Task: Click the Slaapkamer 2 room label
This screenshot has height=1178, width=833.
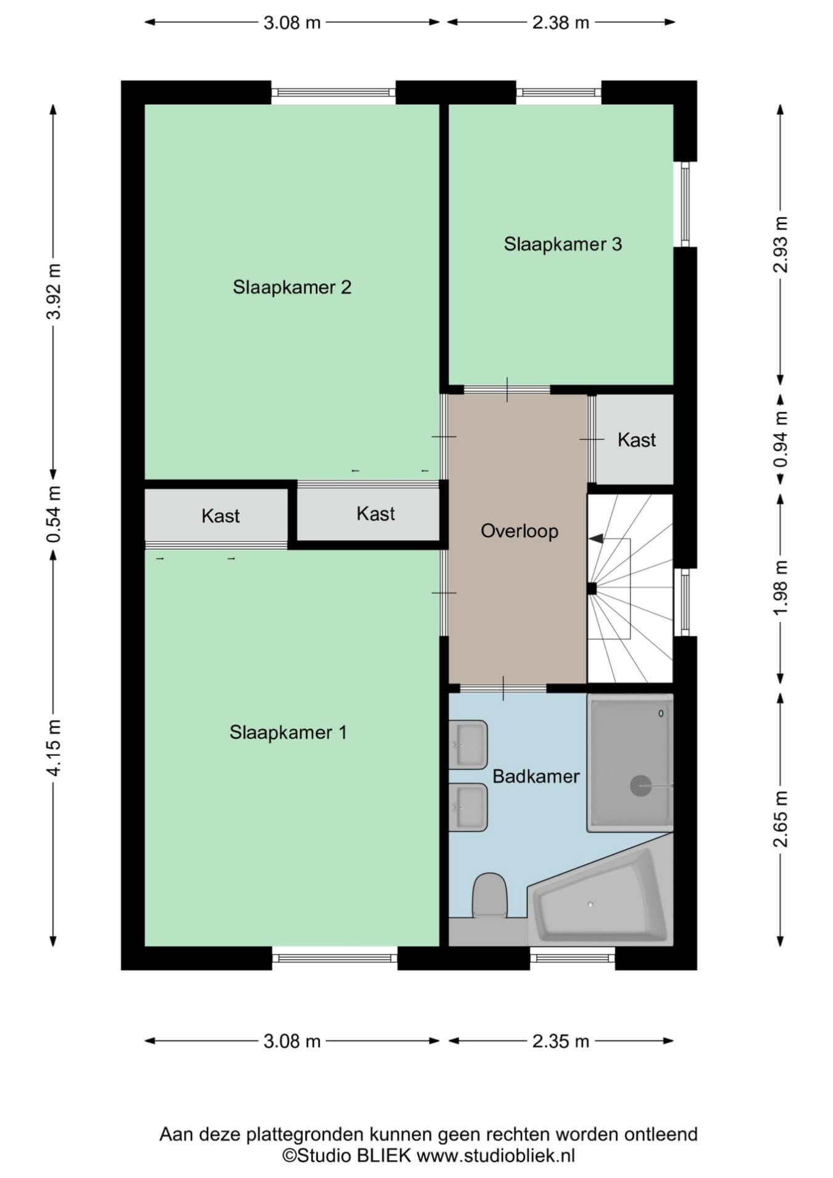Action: (x=292, y=287)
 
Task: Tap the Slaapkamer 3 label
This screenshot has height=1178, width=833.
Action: (x=563, y=244)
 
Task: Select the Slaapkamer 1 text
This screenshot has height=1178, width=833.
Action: (x=288, y=732)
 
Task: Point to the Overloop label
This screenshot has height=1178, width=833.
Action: (x=520, y=531)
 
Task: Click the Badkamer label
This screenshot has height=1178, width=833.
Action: (x=536, y=776)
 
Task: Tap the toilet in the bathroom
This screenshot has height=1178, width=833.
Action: (x=489, y=895)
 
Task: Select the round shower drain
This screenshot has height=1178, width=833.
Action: (x=640, y=786)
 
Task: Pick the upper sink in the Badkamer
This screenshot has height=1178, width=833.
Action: (x=469, y=745)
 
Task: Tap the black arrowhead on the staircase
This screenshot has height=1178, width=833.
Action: (x=595, y=538)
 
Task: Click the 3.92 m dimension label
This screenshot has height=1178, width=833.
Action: (x=55, y=291)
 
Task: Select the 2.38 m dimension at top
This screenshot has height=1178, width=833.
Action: (x=561, y=23)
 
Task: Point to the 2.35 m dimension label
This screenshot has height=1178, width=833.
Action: (x=561, y=1042)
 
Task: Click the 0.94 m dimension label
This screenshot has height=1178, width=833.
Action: (x=781, y=439)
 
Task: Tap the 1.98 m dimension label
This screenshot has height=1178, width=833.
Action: (x=781, y=587)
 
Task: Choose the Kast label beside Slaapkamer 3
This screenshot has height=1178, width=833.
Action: (x=637, y=440)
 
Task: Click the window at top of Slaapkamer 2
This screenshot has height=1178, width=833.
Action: (x=333, y=93)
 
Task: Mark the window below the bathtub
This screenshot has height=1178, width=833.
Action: (x=573, y=958)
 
